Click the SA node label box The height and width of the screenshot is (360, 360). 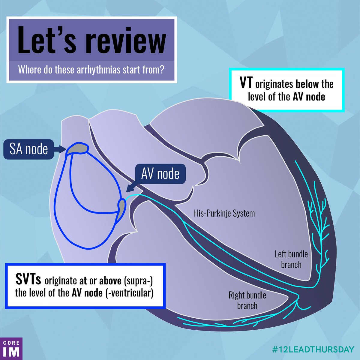tap(28, 149)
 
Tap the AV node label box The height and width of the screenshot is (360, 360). tap(160, 174)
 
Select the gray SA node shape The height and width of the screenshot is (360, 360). tap(77, 148)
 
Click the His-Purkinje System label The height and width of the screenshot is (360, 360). tap(224, 214)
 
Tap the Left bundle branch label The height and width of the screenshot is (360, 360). tap(291, 259)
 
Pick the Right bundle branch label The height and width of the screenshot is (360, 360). tap(247, 300)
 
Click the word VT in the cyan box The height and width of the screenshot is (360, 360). tap(246, 83)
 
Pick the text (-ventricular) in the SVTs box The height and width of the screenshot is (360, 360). tap(129, 293)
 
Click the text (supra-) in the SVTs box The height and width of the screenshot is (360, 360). tap(138, 281)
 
